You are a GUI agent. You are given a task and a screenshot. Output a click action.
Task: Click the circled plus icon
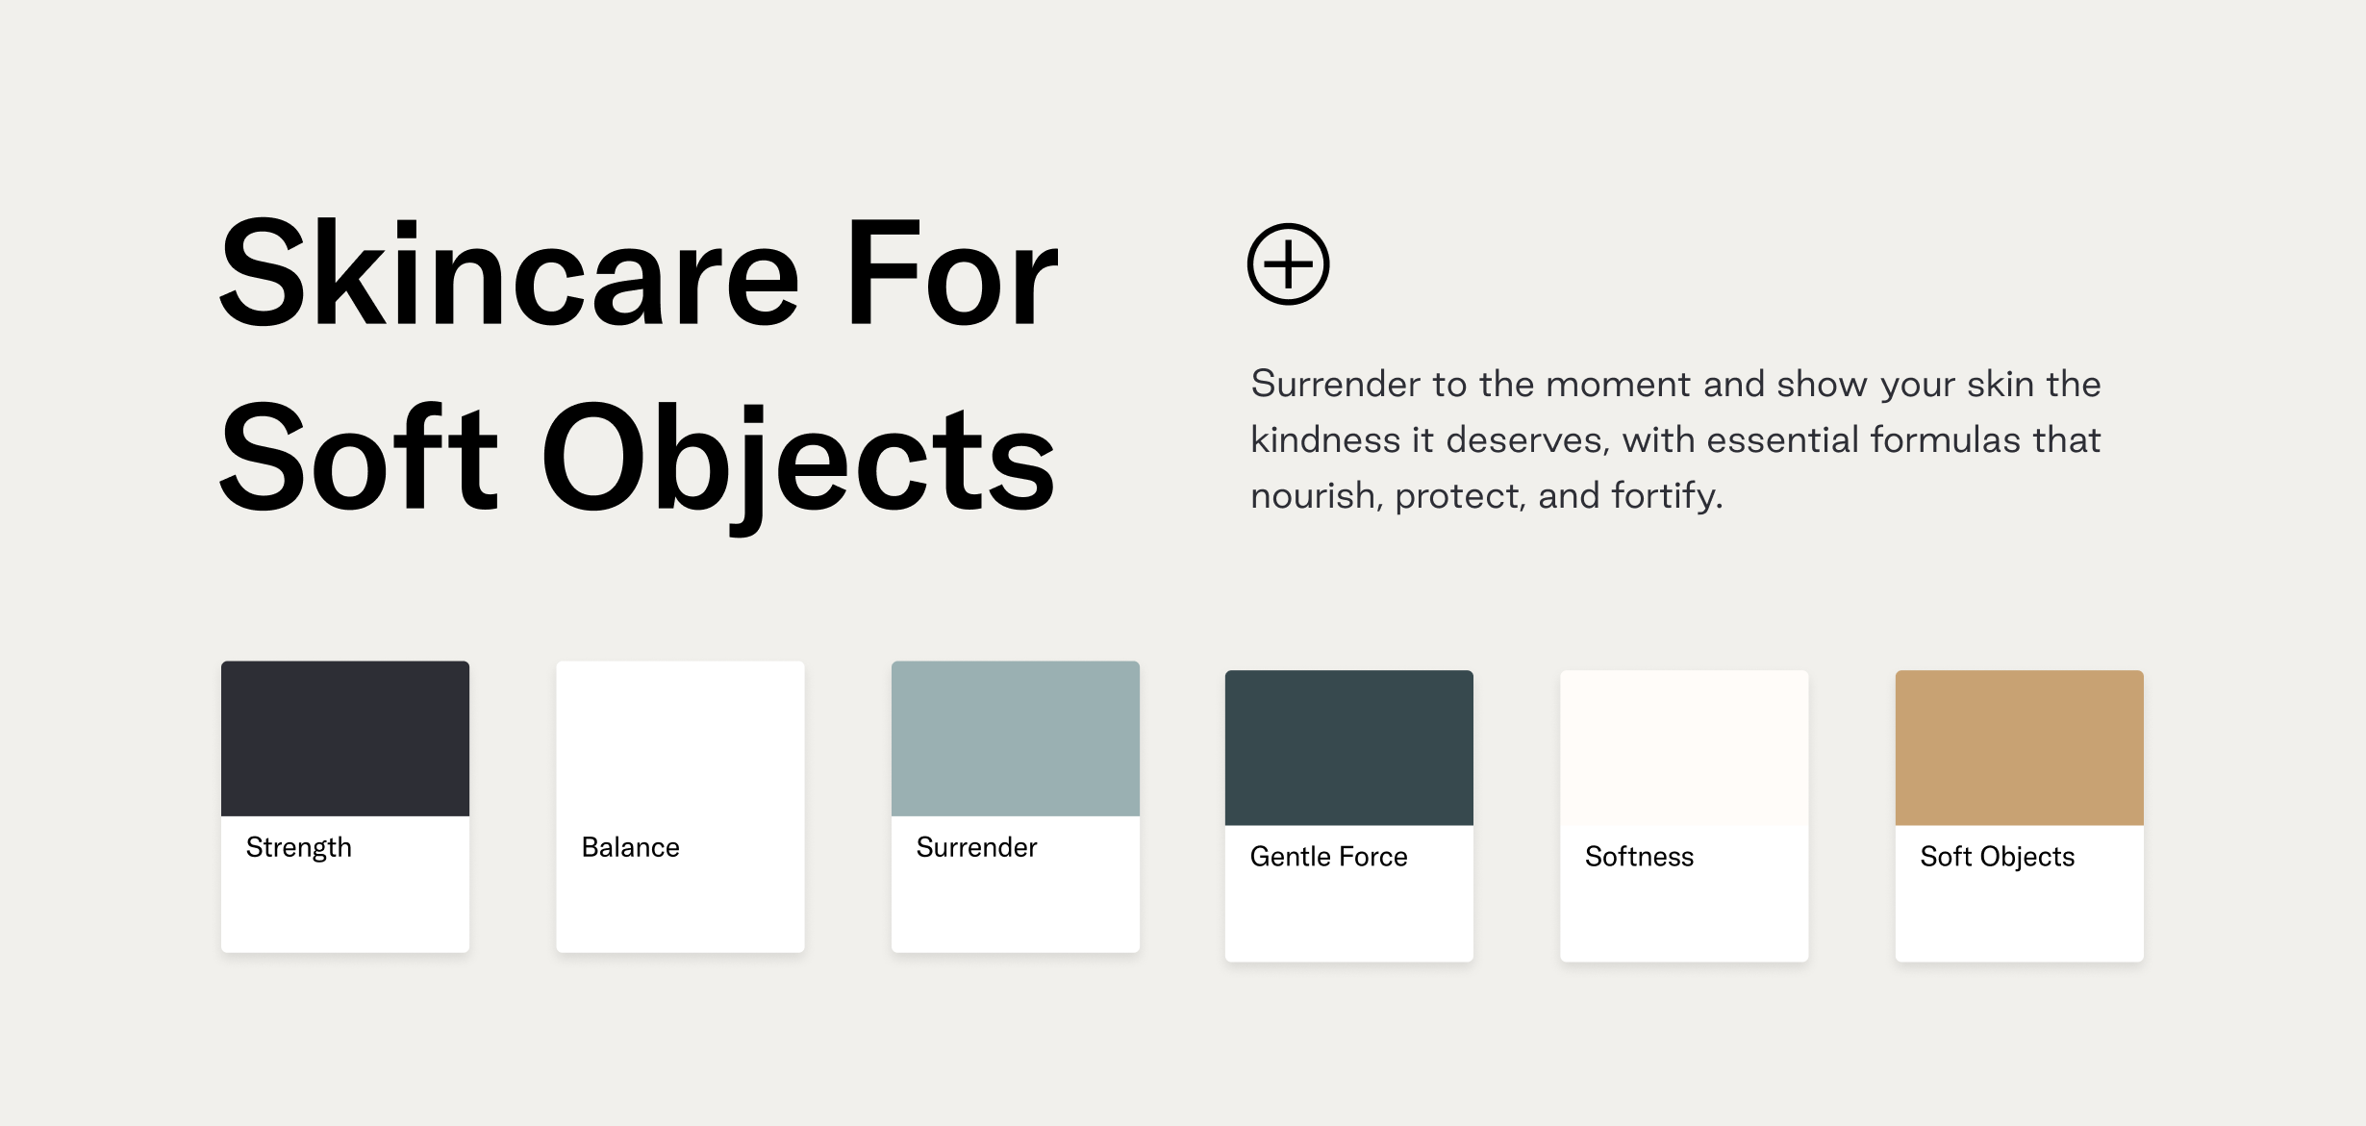(1288, 264)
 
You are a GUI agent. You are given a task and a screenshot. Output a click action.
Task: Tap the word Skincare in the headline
(510, 273)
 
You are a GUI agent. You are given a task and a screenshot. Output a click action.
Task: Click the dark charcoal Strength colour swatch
(345, 738)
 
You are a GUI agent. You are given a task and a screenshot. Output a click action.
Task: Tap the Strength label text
(299, 848)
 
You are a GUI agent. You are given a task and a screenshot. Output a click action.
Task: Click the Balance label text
(631, 847)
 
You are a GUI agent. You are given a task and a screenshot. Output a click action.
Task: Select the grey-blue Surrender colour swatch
(1016, 738)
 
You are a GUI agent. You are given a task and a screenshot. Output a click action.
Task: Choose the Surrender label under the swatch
(977, 847)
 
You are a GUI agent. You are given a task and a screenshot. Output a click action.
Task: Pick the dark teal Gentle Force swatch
(1349, 748)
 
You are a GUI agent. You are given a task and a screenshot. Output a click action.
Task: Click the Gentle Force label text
(1329, 857)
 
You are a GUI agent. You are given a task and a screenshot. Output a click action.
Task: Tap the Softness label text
(1640, 857)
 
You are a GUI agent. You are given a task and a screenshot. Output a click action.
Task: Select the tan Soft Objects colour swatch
(2020, 748)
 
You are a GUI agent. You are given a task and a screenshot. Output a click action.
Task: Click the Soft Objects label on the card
(1998, 858)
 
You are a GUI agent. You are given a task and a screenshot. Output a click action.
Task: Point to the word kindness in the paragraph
(1326, 439)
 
